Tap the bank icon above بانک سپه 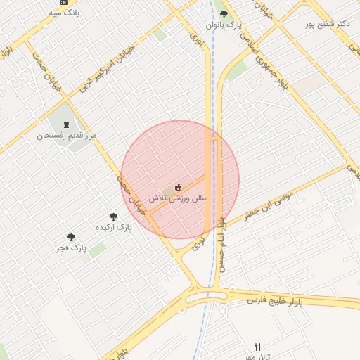[65, 2]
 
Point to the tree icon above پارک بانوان [224, 13]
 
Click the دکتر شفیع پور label [327, 24]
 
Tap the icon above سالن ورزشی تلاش [178, 187]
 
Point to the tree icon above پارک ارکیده [113, 217]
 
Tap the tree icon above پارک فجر [70, 237]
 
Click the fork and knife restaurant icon [257, 347]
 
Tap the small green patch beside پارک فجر [97, 249]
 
